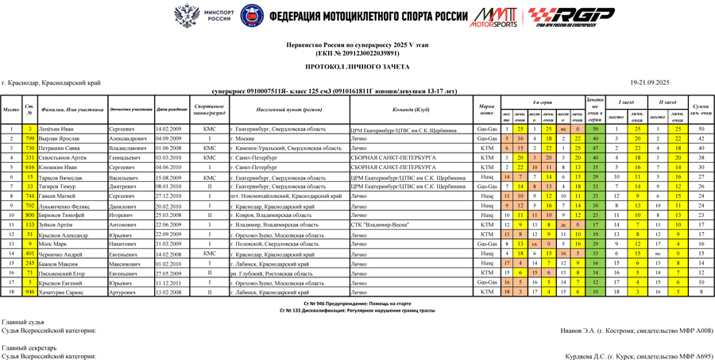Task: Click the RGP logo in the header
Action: (x=571, y=16)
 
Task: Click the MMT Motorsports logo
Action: (x=493, y=17)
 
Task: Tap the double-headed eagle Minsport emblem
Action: (x=187, y=16)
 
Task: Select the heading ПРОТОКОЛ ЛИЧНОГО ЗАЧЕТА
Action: (x=357, y=68)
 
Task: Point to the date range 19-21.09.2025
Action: (x=650, y=83)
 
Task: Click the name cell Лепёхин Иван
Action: (x=58, y=129)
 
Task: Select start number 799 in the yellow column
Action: (x=29, y=138)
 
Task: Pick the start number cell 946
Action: (x=29, y=292)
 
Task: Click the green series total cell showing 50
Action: (x=594, y=129)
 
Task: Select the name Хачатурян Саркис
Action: (x=64, y=292)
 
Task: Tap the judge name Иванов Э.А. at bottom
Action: (x=636, y=330)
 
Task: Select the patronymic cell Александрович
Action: (x=129, y=138)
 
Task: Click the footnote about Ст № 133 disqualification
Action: (x=357, y=310)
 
